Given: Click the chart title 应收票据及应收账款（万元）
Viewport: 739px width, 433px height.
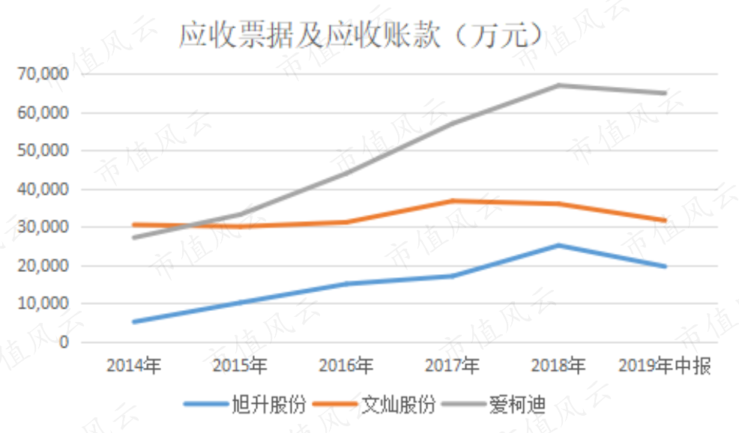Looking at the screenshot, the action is click(x=361, y=34).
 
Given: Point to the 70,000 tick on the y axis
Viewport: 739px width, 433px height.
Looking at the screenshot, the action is click(x=43, y=74).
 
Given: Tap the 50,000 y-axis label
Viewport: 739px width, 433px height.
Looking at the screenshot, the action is click(x=43, y=151).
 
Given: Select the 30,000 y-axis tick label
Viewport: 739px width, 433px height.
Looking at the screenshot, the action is click(x=43, y=227).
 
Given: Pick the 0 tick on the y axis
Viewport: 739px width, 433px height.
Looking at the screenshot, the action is click(x=64, y=342).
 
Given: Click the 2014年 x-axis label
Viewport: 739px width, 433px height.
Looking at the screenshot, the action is click(x=134, y=366).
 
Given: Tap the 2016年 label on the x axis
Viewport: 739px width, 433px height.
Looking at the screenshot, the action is click(x=346, y=366).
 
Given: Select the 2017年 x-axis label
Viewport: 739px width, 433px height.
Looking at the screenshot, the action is click(x=453, y=366).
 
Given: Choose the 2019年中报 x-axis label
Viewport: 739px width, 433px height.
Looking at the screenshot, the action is click(x=665, y=366).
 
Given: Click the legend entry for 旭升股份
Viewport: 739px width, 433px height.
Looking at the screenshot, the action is click(x=245, y=405).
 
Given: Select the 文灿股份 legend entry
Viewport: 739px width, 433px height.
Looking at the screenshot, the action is click(x=374, y=405).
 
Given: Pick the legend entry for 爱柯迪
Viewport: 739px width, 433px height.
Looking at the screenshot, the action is click(x=494, y=405).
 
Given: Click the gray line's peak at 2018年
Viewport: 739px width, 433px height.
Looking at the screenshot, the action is click(x=558, y=85).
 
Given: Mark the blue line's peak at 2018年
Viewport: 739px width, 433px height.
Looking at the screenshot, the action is click(x=558, y=246).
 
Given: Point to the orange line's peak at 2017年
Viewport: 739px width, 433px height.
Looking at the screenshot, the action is click(x=453, y=202).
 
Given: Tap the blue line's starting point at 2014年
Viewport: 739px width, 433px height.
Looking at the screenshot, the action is click(x=134, y=322).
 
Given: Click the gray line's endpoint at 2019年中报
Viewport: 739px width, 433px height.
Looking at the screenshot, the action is click(x=665, y=94).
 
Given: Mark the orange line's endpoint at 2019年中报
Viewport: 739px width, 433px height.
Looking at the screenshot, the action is click(x=665, y=220).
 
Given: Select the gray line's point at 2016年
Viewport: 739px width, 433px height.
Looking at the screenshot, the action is click(x=346, y=173).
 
